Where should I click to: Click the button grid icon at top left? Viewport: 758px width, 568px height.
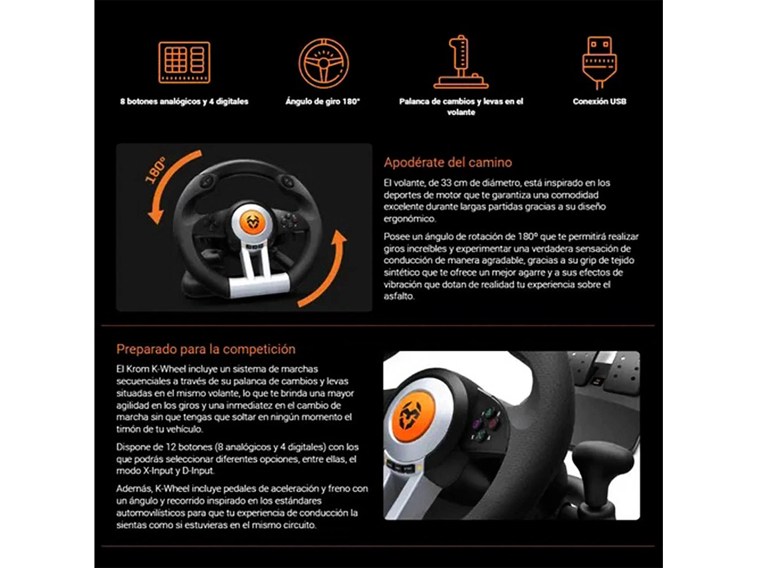coord(184,62)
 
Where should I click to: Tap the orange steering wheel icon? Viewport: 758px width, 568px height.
coord(323,63)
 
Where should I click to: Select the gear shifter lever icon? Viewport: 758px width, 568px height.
coord(460,62)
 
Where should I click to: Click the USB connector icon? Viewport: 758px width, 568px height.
coord(599,62)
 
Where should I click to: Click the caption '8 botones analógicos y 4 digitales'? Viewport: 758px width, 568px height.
coord(184,102)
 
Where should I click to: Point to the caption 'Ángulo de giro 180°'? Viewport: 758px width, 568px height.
coord(322,102)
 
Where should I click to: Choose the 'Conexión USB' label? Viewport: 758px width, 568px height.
coord(599,102)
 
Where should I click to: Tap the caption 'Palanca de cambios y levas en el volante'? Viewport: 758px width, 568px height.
coord(461,107)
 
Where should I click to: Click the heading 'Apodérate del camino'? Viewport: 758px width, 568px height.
coord(447,163)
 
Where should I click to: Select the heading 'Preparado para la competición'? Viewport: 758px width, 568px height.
coord(205,349)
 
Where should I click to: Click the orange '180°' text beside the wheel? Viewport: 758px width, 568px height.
coord(155,170)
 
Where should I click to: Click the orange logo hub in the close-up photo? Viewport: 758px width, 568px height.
coord(410,415)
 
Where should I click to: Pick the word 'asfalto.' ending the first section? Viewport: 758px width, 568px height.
coord(399,297)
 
